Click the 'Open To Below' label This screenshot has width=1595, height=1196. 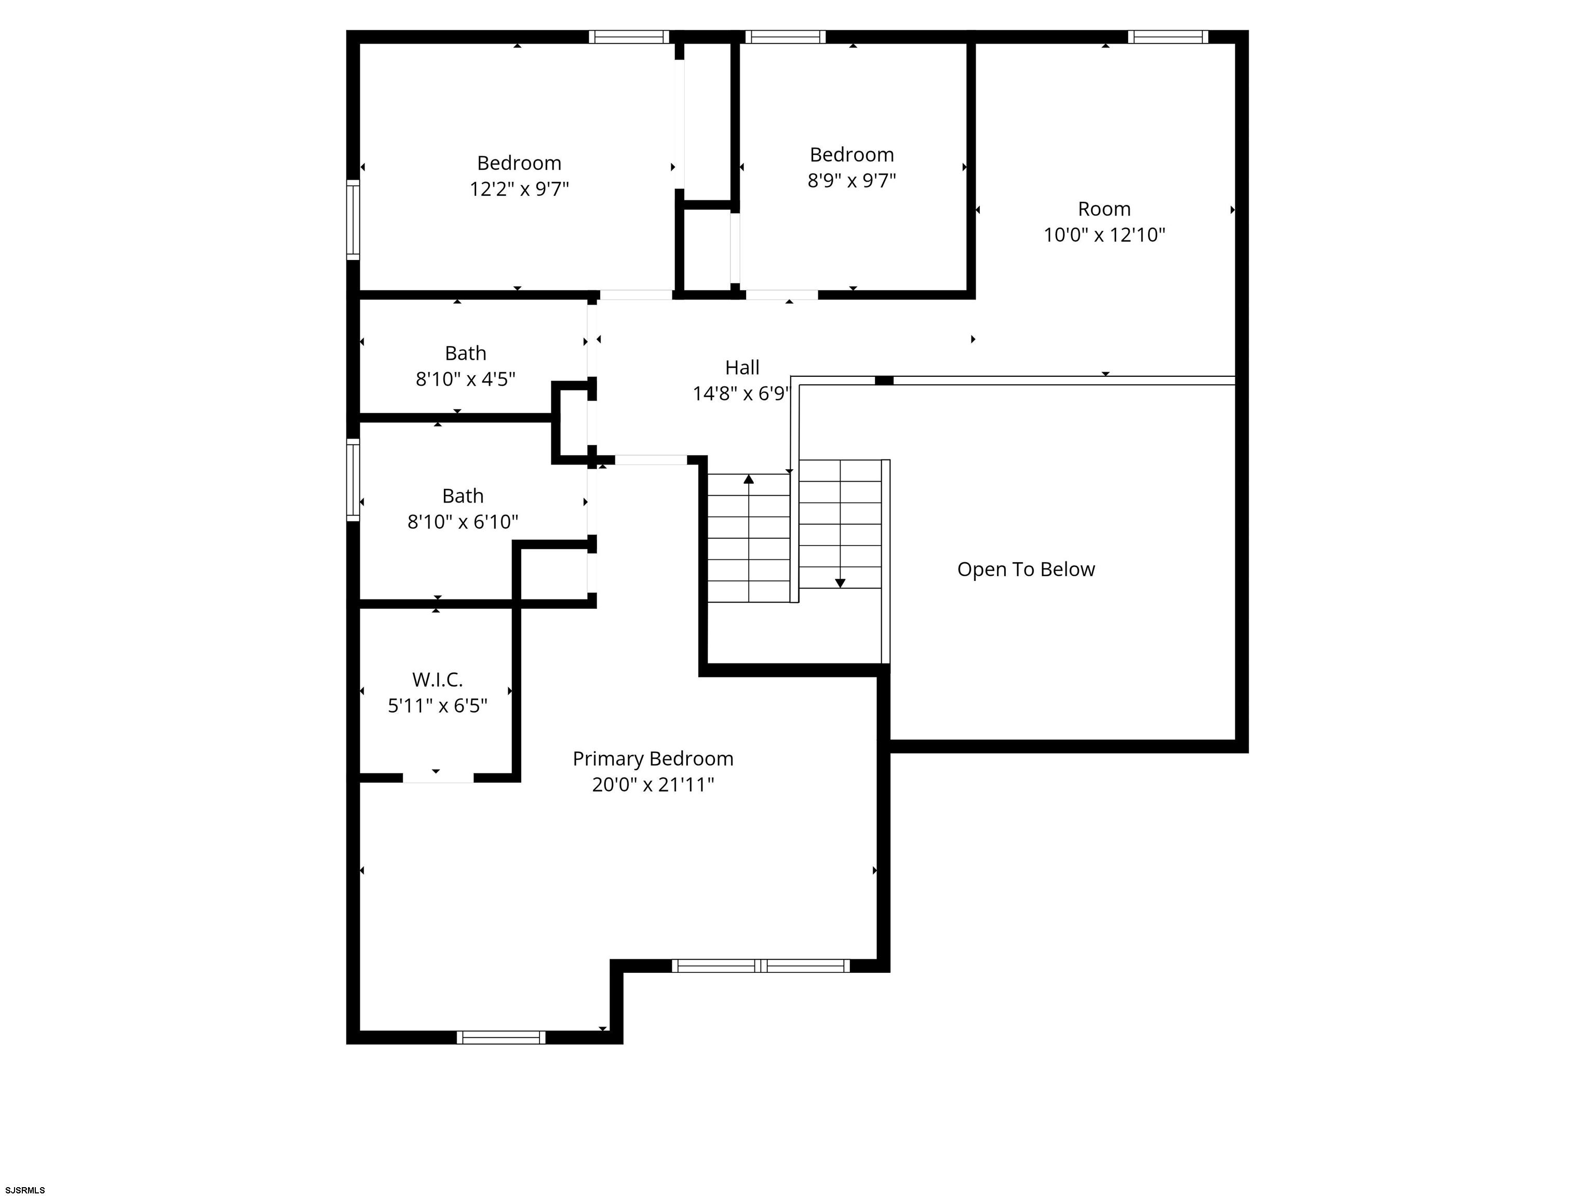1025,569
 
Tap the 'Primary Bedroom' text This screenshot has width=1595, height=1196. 653,758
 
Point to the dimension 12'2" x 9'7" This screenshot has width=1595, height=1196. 519,189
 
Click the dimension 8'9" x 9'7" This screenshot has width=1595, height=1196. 851,180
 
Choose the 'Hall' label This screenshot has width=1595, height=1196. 742,368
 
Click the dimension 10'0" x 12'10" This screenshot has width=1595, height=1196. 1104,235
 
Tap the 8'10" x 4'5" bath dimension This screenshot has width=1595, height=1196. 465,379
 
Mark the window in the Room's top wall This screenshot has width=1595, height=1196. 1167,37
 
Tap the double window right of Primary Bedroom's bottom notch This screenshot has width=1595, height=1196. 761,966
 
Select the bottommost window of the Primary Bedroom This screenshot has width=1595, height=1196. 501,1037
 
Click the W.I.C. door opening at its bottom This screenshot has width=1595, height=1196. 438,778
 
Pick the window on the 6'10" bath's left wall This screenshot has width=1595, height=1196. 353,480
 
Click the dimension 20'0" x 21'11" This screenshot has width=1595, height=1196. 653,784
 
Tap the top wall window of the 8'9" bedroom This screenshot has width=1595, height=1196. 785,37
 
